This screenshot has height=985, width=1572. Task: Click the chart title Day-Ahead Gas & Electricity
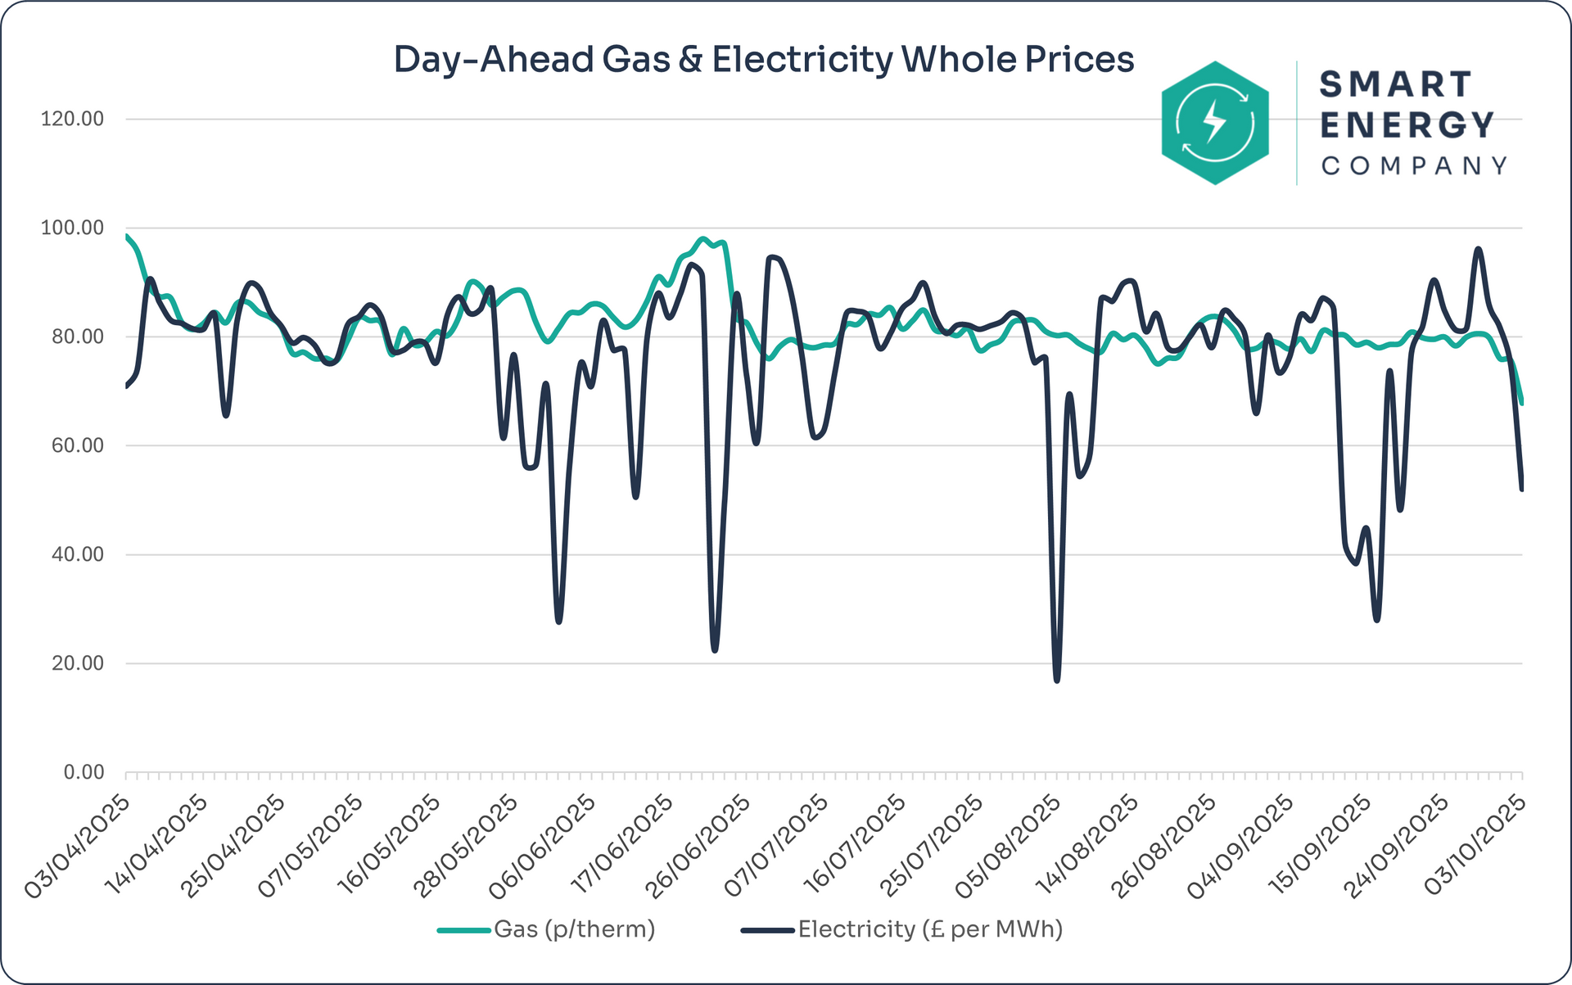click(763, 60)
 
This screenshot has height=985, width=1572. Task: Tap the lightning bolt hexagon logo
click(1215, 123)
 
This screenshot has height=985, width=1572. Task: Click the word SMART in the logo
click(1396, 84)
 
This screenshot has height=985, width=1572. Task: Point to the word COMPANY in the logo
click(1414, 166)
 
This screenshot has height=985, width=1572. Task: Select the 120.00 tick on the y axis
click(73, 120)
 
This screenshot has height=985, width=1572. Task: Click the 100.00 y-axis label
click(73, 228)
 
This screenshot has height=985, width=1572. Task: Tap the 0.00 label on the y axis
click(84, 772)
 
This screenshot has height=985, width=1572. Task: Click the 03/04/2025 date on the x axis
click(78, 847)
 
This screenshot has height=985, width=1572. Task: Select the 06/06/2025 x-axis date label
click(543, 847)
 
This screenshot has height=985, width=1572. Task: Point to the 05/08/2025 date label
click(1008, 847)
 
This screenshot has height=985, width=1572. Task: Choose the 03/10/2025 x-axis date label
click(1475, 847)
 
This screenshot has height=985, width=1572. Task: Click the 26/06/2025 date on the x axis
click(698, 847)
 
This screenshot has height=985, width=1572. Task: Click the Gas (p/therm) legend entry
click(573, 929)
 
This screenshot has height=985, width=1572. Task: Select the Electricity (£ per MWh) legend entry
click(929, 929)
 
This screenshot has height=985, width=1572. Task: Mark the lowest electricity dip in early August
click(1057, 680)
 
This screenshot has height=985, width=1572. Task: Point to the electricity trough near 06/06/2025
click(558, 621)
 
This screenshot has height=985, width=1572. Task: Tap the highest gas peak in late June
click(702, 239)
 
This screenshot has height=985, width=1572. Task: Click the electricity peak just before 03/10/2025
click(1478, 249)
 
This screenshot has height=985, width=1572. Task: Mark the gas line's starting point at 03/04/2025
click(126, 236)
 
